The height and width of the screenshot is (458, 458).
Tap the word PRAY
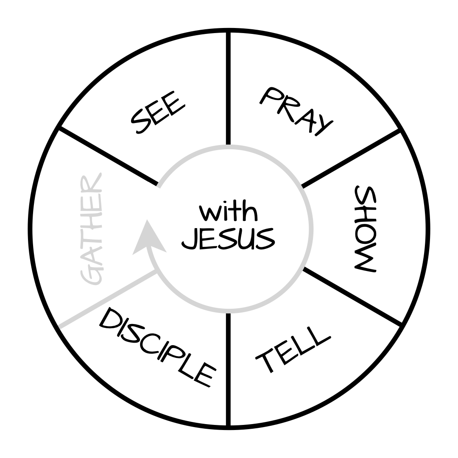tap(296, 111)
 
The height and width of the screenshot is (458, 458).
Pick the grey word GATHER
tap(91, 229)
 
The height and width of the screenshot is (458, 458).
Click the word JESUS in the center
tap(228, 239)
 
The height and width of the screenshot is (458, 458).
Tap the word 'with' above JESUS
tap(228, 211)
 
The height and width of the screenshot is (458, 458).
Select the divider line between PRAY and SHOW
tap(350, 158)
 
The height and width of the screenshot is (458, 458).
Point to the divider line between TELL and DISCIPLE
tap(228, 369)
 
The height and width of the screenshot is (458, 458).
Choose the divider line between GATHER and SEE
tap(108, 156)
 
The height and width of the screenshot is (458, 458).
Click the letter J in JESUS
tap(190, 239)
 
